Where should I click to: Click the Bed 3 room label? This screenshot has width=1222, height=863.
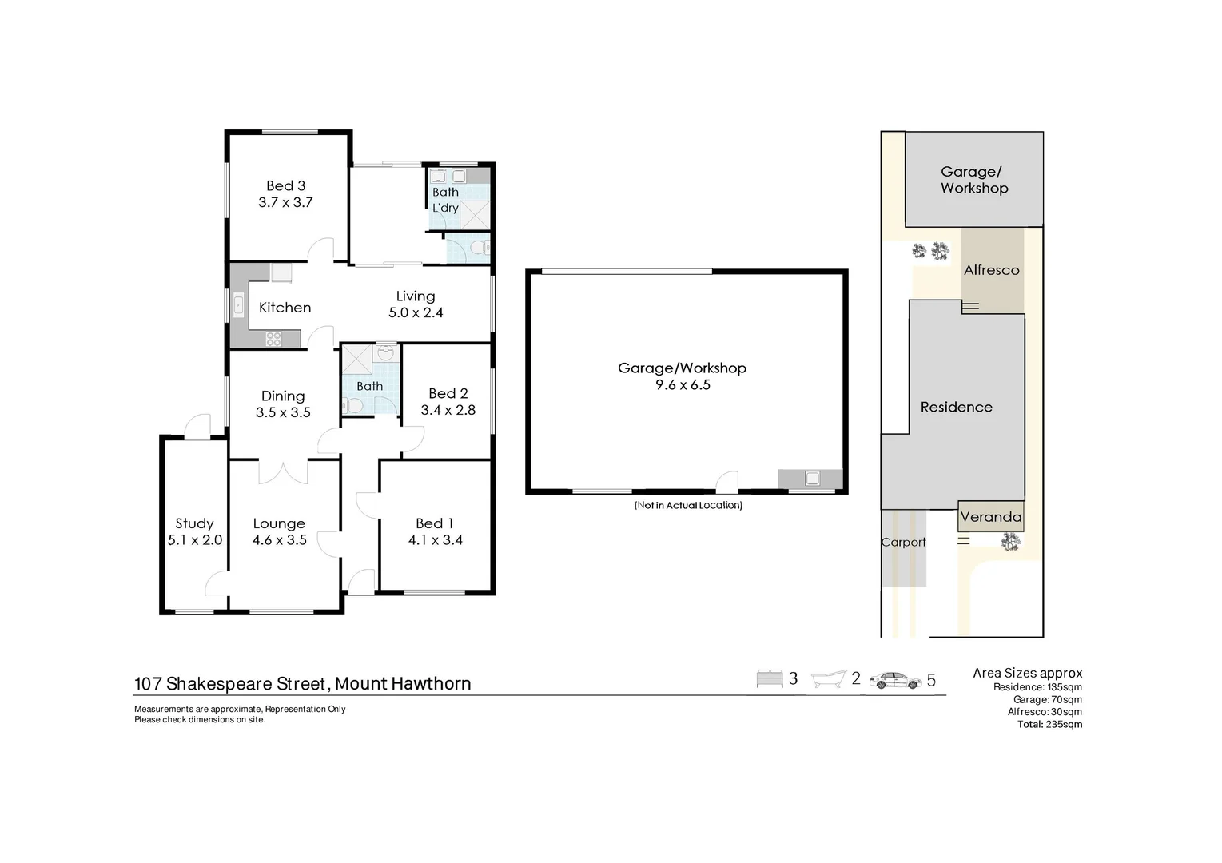[x=285, y=185]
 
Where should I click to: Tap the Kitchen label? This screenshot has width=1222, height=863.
[x=285, y=308]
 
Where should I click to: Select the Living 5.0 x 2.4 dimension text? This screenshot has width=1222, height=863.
[x=416, y=312]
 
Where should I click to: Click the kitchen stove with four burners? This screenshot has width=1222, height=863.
[x=273, y=339]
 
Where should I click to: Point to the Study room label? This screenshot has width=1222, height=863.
[x=194, y=523]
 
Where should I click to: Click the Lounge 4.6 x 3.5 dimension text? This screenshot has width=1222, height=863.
[x=279, y=540]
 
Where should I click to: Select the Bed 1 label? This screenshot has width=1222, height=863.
[x=434, y=523]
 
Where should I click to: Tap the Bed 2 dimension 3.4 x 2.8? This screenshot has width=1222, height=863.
[x=448, y=410]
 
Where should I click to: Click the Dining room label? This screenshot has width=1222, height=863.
[x=283, y=396]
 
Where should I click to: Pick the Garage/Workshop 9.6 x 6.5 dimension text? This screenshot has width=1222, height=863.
[x=682, y=384]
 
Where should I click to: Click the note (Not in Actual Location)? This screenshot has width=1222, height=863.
[x=687, y=505]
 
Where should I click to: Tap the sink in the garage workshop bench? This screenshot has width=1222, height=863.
[x=812, y=479]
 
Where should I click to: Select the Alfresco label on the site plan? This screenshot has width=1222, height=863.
[x=991, y=270]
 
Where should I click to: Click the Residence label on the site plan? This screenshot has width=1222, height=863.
[x=956, y=407]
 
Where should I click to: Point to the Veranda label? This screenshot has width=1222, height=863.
[x=990, y=517]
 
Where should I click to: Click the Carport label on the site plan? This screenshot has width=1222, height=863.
[x=903, y=542]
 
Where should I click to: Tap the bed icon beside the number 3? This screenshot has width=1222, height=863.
[x=769, y=679]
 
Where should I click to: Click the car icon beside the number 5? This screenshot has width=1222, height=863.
[x=895, y=680]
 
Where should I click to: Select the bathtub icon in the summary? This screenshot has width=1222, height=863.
[x=828, y=679]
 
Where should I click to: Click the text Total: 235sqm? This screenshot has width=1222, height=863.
[x=1049, y=725]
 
